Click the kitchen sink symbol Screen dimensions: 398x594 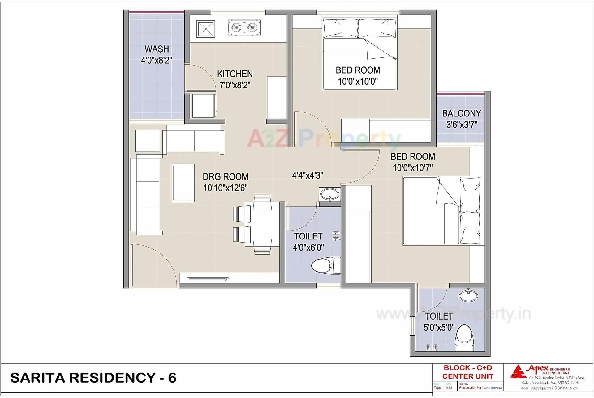(206, 29)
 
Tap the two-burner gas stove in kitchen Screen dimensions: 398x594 (244, 28)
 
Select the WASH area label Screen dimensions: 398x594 (157, 49)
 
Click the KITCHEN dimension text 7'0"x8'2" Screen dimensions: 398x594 (235, 85)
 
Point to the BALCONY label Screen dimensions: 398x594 (461, 113)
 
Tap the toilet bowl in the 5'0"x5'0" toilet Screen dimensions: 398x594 (464, 338)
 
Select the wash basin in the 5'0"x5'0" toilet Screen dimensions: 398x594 (468, 296)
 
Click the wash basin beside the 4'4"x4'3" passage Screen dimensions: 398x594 (329, 195)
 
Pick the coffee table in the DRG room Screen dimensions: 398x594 (183, 183)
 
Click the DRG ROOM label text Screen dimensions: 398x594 (225, 177)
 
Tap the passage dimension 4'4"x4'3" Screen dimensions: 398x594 (308, 176)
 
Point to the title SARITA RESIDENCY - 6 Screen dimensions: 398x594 (93, 378)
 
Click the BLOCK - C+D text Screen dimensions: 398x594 (467, 368)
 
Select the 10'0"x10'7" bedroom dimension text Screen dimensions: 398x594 (413, 168)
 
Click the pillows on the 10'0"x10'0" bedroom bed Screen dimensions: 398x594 (359, 28)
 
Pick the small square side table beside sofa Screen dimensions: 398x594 (148, 141)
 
